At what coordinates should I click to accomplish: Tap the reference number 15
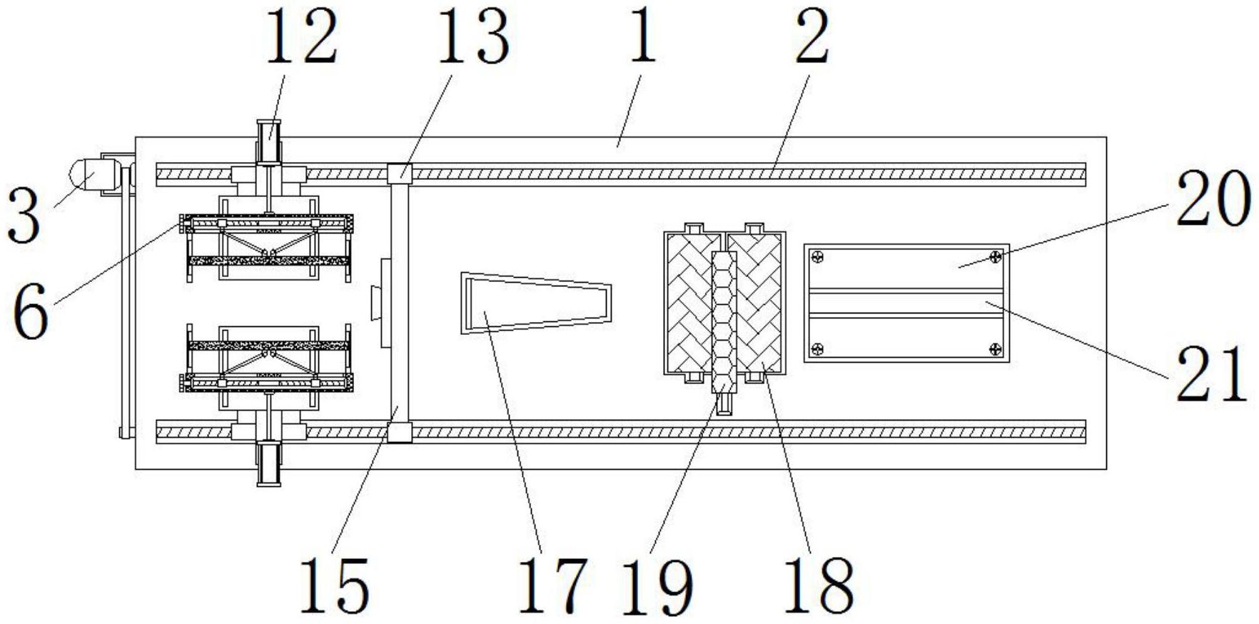(335, 585)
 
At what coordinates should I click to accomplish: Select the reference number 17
(552, 585)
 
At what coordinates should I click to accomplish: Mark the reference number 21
(1210, 373)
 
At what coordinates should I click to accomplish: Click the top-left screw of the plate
(819, 257)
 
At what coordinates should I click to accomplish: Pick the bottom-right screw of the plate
(996, 348)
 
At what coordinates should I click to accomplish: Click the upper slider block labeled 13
(400, 173)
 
